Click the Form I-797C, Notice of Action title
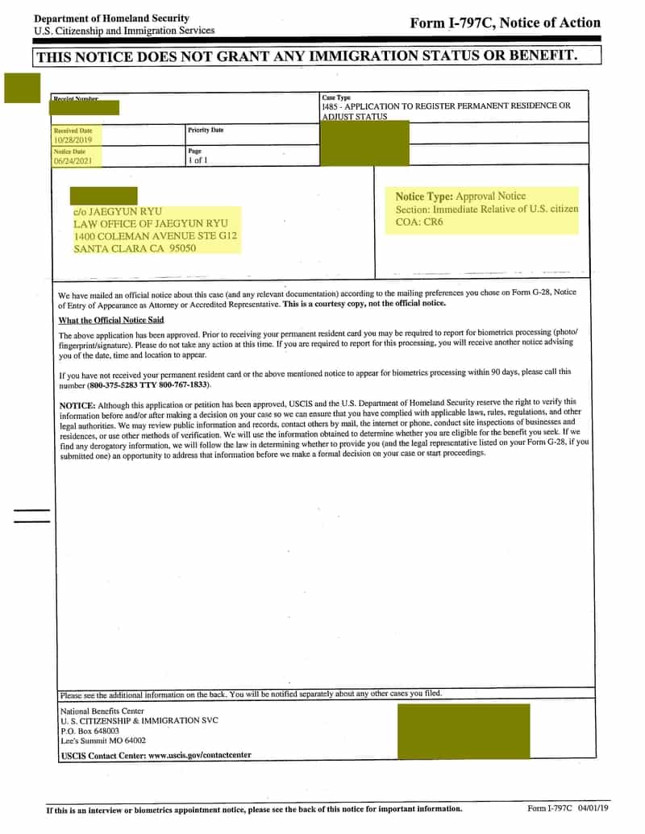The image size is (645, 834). click(x=505, y=23)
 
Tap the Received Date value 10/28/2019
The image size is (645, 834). click(x=73, y=139)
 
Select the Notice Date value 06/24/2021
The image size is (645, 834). click(x=73, y=160)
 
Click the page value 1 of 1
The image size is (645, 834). click(x=198, y=160)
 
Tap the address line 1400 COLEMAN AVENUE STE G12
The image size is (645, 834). click(x=155, y=236)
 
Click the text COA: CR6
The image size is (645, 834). click(x=419, y=222)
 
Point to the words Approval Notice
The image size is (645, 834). click(x=490, y=196)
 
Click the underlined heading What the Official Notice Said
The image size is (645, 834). click(x=111, y=320)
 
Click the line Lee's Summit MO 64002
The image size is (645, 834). click(x=103, y=740)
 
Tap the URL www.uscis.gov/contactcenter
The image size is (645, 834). click(x=199, y=755)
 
